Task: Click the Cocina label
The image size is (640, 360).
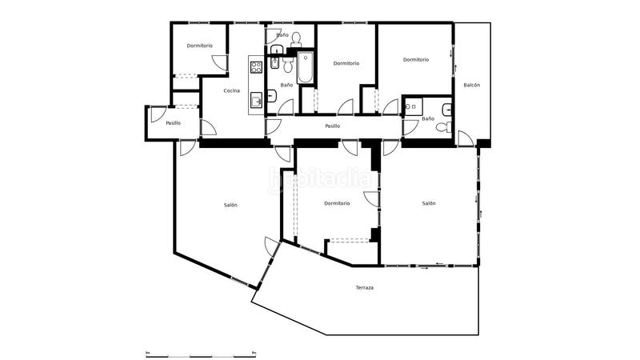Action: [232, 90]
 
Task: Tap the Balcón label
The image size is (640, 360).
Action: [472, 85]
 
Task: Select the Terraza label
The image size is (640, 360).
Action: [365, 287]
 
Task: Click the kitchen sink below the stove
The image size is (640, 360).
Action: [257, 100]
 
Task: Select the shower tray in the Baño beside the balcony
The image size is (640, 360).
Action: [413, 106]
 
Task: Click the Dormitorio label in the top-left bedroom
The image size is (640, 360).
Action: [200, 46]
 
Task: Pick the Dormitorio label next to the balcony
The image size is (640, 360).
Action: [416, 59]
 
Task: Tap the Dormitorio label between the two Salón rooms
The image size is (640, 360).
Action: [337, 203]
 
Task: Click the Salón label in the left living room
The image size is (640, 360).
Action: [230, 205]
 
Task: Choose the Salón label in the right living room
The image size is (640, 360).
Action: [429, 203]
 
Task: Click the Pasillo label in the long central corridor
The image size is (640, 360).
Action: [333, 126]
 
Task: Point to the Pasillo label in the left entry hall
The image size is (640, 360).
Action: [173, 123]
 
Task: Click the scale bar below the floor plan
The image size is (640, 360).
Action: [201, 354]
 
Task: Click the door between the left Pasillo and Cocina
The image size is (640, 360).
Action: [206, 128]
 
